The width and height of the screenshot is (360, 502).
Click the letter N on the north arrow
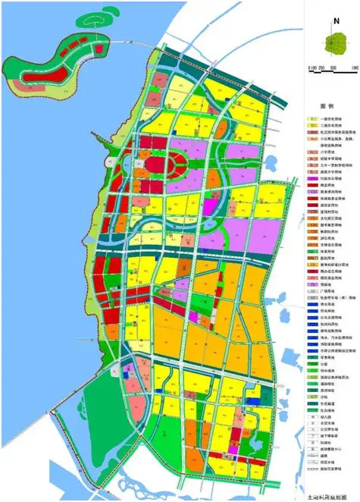click(x=331, y=20)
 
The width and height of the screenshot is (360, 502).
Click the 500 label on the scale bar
click(x=333, y=68)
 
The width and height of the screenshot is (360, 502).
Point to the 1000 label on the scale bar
click(x=353, y=68)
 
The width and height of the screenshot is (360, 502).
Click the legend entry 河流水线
click(x=327, y=469)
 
